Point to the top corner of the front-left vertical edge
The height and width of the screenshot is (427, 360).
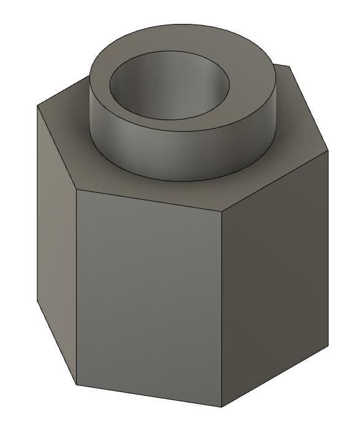coord(76,189)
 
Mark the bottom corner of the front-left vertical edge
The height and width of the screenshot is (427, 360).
coord(77,385)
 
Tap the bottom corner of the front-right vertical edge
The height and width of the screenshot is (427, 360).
coord(221,407)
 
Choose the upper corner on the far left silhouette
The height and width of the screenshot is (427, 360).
coord(37,106)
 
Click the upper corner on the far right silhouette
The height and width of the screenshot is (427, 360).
coord(329,149)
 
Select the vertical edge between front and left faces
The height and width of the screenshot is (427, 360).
coord(76,288)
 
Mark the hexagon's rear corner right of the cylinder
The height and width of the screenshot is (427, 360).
coord(288,66)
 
